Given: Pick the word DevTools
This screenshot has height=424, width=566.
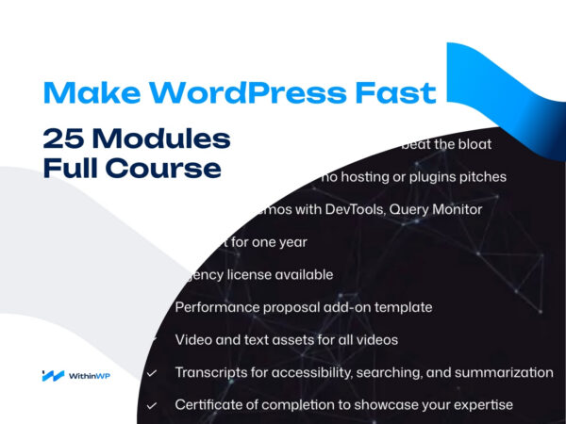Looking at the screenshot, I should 348,208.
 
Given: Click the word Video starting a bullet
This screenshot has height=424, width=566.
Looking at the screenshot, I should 193,339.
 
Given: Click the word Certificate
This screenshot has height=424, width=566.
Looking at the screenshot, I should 210,405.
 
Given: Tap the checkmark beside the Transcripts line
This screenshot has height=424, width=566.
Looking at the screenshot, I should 152,373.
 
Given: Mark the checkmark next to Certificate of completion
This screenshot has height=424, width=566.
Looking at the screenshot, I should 152,406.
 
